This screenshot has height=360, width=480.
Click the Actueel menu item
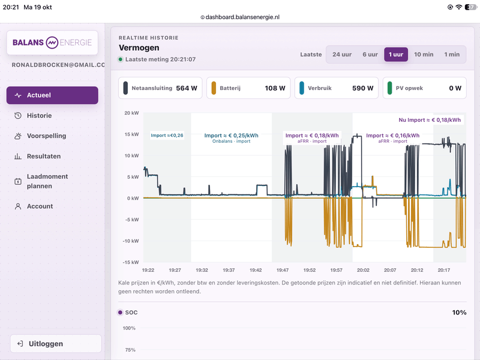[52, 95]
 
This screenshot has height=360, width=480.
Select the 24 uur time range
[342, 55]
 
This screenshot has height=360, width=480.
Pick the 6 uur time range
[370, 55]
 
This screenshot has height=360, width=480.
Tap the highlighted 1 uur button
[396, 55]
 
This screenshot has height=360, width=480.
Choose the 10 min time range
[424, 55]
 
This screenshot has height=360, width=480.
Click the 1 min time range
[452, 55]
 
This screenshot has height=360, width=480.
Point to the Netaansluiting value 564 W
[187, 88]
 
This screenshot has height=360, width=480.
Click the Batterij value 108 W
[275, 88]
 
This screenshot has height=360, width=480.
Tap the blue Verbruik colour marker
[302, 88]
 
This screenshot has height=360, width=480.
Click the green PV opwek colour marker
[389, 88]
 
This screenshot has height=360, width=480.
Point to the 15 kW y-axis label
[131, 134]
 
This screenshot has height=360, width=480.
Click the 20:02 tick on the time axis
[363, 270]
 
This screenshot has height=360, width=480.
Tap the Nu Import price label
[430, 120]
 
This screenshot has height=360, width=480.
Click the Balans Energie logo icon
[52, 43]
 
